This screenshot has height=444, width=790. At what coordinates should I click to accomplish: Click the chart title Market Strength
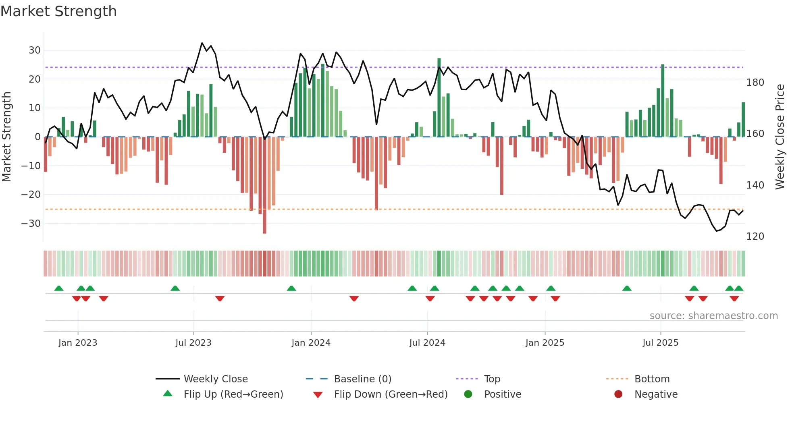58,11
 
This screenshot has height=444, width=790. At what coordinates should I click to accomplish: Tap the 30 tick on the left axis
35,50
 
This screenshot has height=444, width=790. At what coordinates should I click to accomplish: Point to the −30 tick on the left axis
31,223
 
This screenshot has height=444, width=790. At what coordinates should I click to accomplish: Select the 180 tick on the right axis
755,83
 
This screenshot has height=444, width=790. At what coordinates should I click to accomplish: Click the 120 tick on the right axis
755,237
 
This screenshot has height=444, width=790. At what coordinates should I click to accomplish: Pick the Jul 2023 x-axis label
193,343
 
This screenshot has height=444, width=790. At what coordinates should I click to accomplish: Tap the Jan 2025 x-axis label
545,343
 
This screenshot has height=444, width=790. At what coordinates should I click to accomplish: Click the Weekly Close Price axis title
780,137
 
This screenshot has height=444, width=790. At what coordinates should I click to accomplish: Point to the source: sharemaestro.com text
713,316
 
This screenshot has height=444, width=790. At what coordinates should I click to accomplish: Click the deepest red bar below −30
264,185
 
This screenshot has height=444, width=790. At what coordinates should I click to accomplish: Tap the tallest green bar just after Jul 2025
663,101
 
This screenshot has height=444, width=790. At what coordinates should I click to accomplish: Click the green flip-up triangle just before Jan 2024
291,288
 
